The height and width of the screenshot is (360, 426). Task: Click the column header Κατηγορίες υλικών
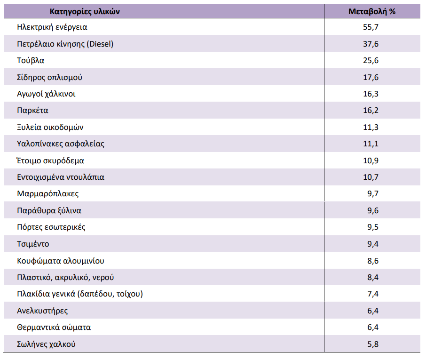pos(85,11)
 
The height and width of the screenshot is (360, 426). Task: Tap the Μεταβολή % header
pos(372,11)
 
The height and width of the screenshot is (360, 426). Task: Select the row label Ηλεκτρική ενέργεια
pos(52,27)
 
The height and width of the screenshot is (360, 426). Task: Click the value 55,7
pos(371,27)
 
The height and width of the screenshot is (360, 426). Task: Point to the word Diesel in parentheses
pos(100,44)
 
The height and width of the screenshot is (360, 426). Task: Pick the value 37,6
pos(371,44)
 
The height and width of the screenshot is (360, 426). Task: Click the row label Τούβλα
pos(31,60)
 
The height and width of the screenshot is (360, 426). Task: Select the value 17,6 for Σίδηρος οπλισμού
pos(371,77)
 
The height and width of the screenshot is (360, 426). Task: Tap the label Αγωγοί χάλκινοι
pos(46,94)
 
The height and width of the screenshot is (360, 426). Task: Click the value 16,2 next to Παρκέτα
pos(371,110)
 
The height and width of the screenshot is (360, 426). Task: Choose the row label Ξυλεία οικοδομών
pos(50,127)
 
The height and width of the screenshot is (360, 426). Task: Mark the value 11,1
pos(371,144)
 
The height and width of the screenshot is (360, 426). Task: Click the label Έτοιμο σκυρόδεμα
pos(50,160)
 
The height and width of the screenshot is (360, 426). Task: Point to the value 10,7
pos(371,177)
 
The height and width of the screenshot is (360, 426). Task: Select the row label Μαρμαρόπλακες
pos(48,194)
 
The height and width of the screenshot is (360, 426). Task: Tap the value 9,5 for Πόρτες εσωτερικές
pos(373,227)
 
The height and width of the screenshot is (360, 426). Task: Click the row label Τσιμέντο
pos(33,244)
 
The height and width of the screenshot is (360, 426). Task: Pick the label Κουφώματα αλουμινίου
pos(60,261)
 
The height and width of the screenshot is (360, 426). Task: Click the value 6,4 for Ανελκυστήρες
pos(373,311)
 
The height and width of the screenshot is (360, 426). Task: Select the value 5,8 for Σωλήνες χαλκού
pos(373,344)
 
